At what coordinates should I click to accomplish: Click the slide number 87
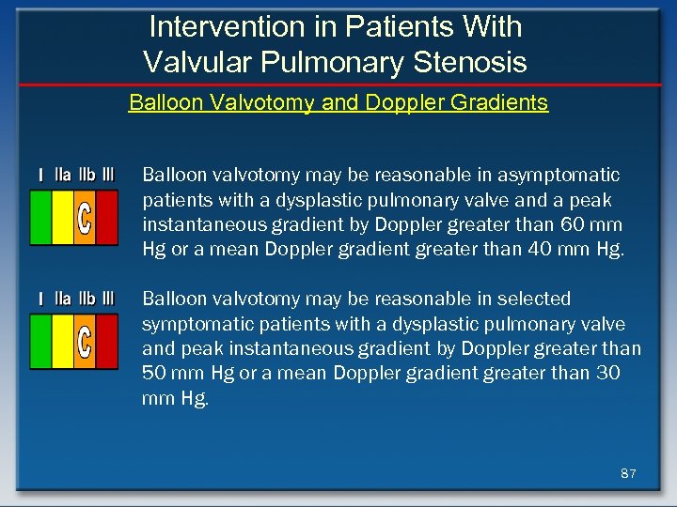tap(628, 474)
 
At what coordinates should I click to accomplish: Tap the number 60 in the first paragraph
tap(576, 225)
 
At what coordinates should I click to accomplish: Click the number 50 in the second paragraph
tap(156, 374)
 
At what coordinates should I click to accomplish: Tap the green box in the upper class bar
tap(40, 218)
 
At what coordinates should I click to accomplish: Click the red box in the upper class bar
tap(107, 218)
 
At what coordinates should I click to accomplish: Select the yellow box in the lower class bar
tap(63, 341)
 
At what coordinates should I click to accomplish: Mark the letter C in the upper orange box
tap(85, 218)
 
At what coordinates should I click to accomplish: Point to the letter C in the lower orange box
tap(85, 342)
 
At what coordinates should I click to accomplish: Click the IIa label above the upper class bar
tap(63, 175)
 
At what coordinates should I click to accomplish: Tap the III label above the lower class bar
tap(107, 299)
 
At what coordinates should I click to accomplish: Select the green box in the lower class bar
tap(40, 341)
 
